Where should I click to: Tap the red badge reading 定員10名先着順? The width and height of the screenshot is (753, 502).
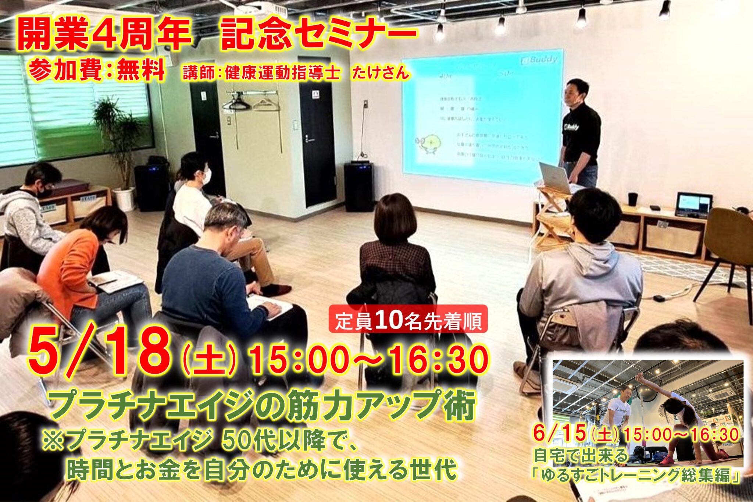tap(408, 320)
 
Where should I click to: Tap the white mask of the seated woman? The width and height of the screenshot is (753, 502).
tap(207, 177)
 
